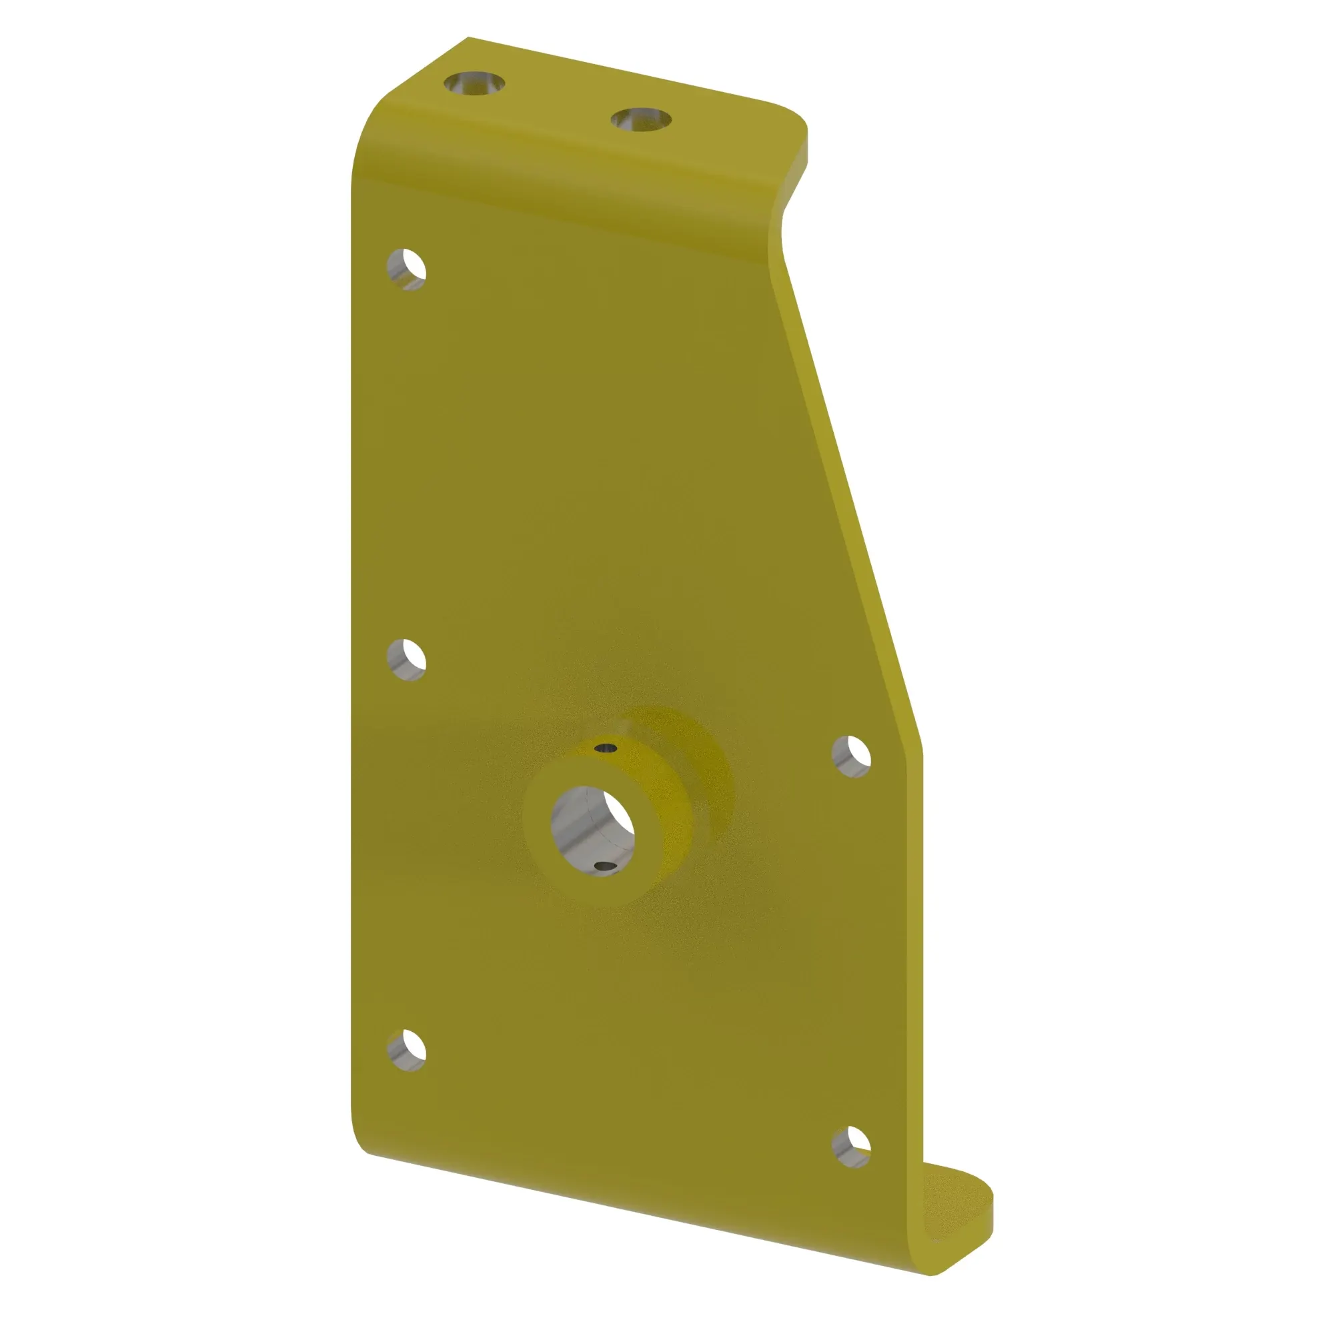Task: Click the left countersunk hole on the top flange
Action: [474, 84]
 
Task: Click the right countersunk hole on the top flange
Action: [641, 119]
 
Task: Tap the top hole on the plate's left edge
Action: [406, 269]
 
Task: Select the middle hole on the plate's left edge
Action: [406, 660]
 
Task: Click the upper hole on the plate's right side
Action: [850, 757]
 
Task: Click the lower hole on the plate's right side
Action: [850, 1147]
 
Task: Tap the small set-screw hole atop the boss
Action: [606, 748]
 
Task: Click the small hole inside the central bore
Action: [605, 866]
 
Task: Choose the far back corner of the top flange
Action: [469, 39]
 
